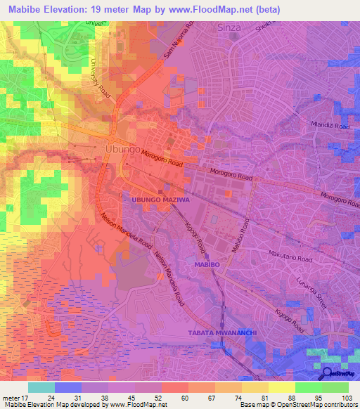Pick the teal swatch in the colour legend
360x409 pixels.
(41, 387)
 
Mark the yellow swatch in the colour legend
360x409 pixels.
(282, 387)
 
